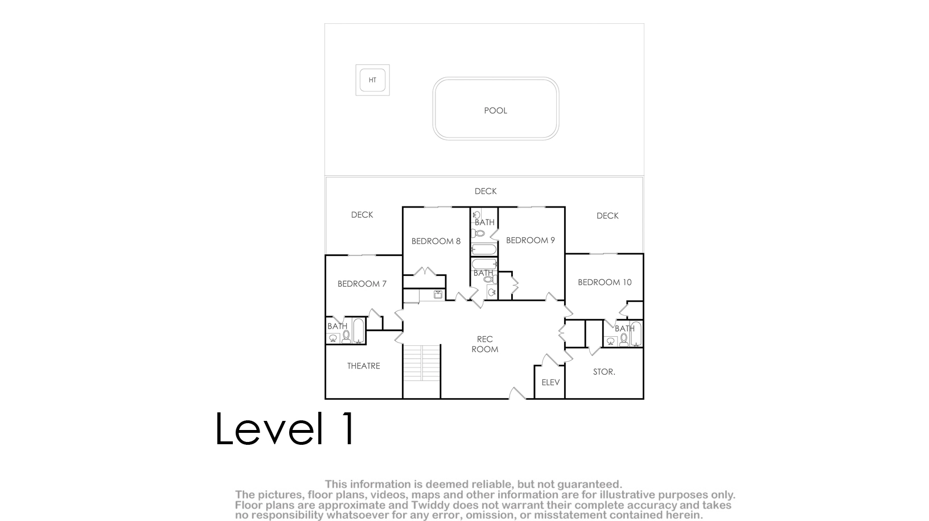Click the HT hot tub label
click(372, 80)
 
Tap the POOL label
click(496, 111)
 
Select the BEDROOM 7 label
click(362, 284)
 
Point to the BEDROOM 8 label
click(436, 241)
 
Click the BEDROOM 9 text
click(531, 241)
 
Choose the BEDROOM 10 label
click(605, 282)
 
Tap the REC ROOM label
click(485, 344)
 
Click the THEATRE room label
click(364, 366)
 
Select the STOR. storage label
click(604, 372)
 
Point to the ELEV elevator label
click(551, 383)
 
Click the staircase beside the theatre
click(422, 363)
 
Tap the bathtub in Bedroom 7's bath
click(358, 330)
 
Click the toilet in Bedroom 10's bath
click(623, 340)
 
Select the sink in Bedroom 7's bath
click(332, 338)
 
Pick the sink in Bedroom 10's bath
click(610, 341)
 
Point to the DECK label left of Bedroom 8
click(362, 214)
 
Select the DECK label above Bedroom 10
click(607, 216)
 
